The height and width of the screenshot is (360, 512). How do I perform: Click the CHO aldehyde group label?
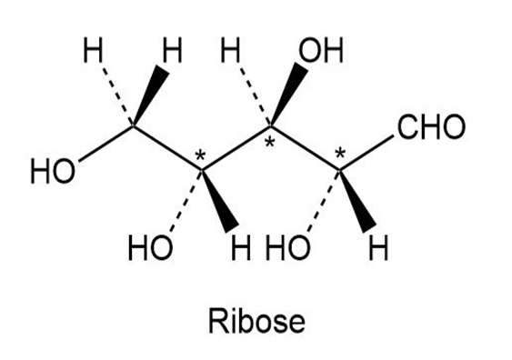(431, 126)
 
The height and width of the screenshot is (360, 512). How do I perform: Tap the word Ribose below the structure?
(257, 321)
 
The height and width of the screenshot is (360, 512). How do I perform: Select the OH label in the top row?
(321, 50)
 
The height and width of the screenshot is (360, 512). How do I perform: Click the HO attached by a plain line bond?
(53, 172)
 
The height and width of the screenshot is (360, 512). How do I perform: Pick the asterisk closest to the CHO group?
(340, 154)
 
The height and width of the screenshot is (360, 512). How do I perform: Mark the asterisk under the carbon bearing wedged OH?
(269, 143)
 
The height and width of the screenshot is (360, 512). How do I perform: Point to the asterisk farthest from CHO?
(200, 156)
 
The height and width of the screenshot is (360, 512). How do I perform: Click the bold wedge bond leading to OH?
(288, 94)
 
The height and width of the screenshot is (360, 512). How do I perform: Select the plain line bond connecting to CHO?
(366, 153)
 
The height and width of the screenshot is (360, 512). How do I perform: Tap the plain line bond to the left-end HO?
(105, 144)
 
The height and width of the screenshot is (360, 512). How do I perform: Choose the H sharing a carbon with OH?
(230, 50)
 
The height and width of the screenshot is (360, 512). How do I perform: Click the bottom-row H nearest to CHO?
(378, 248)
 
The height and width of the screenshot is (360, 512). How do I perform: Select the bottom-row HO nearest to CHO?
(287, 248)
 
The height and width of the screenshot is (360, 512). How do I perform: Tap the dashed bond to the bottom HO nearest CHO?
(324, 200)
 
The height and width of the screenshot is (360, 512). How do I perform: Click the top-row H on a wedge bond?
(172, 50)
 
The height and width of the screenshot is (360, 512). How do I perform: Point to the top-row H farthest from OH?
(93, 50)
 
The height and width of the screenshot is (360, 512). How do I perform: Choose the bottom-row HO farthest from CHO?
(150, 248)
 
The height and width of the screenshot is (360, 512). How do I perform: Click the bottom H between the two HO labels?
(241, 248)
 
